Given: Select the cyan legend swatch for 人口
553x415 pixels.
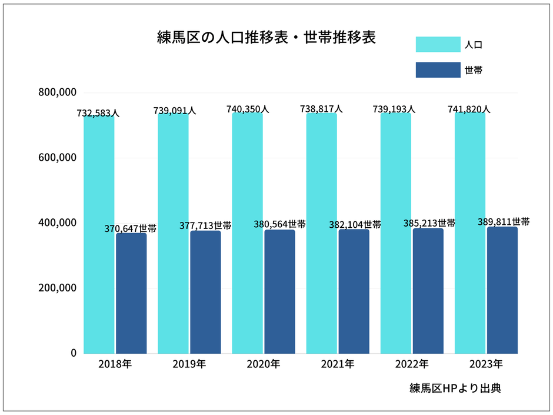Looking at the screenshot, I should (438, 44).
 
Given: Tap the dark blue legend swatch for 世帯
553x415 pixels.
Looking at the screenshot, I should (438, 69).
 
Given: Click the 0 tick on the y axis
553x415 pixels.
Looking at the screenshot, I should (73, 353).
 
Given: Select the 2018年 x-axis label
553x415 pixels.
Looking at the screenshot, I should (115, 364).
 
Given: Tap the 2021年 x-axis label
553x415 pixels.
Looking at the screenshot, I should (337, 364).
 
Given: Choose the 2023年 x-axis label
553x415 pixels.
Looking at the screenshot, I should (486, 364).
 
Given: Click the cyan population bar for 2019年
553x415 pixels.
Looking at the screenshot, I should (173, 235).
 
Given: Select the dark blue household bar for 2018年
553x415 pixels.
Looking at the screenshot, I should (131, 294).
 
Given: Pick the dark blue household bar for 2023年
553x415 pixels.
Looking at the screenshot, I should (502, 291).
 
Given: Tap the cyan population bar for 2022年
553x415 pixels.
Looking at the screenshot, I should (395, 235).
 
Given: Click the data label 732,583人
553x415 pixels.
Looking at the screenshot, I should (98, 113).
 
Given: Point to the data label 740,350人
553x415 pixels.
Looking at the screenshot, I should (248, 109).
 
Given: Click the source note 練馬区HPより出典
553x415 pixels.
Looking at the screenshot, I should (455, 389).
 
